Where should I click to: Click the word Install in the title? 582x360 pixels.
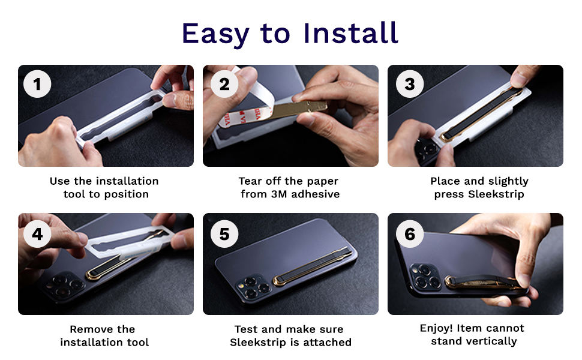pos(351,33)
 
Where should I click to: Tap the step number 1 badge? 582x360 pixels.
pos(37,85)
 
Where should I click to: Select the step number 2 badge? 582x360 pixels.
pos(224,85)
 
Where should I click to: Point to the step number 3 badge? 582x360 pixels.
pos(409,85)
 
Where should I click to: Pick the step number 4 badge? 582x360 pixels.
pos(37,233)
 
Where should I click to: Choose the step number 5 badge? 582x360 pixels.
pos(224,233)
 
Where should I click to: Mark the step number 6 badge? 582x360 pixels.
pos(409,233)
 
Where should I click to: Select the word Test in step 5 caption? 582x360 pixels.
pos(246,329)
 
